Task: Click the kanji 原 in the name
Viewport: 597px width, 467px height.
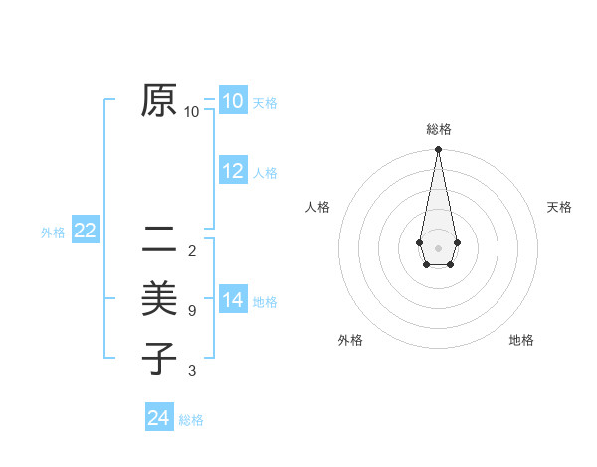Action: (x=159, y=100)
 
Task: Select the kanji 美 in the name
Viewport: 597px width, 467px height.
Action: (x=159, y=298)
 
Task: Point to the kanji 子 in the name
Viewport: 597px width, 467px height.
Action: (x=159, y=357)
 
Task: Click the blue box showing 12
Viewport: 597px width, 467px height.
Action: (x=233, y=171)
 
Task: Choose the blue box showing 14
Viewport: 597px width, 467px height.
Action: (x=233, y=300)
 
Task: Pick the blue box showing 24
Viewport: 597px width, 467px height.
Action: (x=159, y=418)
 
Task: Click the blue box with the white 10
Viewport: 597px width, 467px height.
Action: (x=233, y=101)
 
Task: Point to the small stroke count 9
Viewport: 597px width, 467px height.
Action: (x=191, y=311)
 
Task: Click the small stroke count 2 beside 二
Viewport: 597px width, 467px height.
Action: (x=191, y=250)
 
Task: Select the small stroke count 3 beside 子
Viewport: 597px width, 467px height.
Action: (x=191, y=371)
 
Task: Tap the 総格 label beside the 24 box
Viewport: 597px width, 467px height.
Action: (x=191, y=420)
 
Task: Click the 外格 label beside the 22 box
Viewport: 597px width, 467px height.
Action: (x=53, y=233)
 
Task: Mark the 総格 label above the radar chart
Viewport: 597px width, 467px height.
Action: (x=438, y=129)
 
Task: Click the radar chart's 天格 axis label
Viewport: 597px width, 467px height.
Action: (x=560, y=207)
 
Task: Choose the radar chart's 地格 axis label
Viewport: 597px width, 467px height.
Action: (x=521, y=340)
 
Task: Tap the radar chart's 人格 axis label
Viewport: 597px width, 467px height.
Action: (x=317, y=207)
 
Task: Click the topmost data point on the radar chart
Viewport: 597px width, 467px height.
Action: (x=438, y=149)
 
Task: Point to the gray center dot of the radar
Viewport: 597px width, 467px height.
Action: (x=438, y=247)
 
